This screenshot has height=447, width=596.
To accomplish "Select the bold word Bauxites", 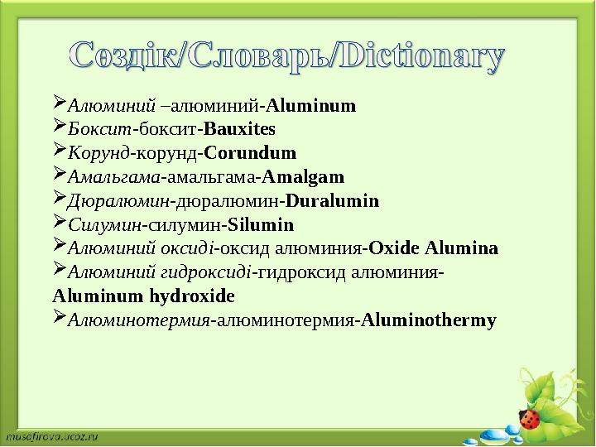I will [x=239, y=130].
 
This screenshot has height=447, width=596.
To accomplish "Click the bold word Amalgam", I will [x=303, y=177].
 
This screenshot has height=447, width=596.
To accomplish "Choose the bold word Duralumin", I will [x=332, y=200].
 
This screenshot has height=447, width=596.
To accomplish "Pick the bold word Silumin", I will [x=261, y=224].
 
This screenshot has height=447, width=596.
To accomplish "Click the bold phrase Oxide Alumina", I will [x=434, y=248].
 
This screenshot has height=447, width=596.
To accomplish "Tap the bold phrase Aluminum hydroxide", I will [x=143, y=296].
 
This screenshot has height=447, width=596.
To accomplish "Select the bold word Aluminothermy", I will [x=430, y=320].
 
